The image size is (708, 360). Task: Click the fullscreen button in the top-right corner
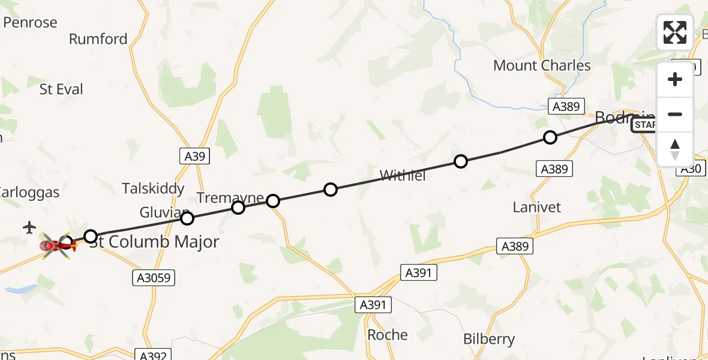pyautogui.click(x=675, y=32)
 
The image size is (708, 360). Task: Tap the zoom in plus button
pyautogui.click(x=675, y=79)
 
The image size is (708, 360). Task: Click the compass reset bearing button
pyautogui.click(x=675, y=149)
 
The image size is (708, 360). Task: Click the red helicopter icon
pyautogui.click(x=57, y=245)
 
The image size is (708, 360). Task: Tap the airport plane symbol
pyautogui.click(x=29, y=227)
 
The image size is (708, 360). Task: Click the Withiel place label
pyautogui.click(x=403, y=176)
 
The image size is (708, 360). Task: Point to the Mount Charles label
pyautogui.click(x=542, y=65)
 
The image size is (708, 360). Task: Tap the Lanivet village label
pyautogui.click(x=537, y=207)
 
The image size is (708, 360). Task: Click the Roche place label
pyautogui.click(x=387, y=335)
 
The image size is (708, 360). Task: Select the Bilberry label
pyautogui.click(x=489, y=339)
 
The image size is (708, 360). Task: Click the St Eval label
pyautogui.click(x=61, y=89)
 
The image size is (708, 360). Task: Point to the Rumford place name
pyautogui.click(x=98, y=39)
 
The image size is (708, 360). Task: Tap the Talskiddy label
pyautogui.click(x=153, y=188)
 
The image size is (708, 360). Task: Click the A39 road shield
pyautogui.click(x=195, y=157)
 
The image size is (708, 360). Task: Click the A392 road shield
pyautogui.click(x=153, y=355)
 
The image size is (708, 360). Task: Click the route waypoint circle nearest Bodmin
pyautogui.click(x=550, y=137)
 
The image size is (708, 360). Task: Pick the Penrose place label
pyautogui.click(x=30, y=23)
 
